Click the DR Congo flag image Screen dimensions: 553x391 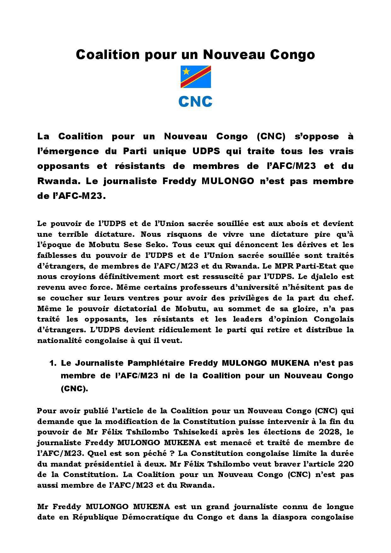195,77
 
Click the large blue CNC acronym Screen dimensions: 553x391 195,102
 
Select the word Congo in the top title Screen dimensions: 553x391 293,55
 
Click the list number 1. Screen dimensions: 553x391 53,363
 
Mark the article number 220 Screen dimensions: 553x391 345,464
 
